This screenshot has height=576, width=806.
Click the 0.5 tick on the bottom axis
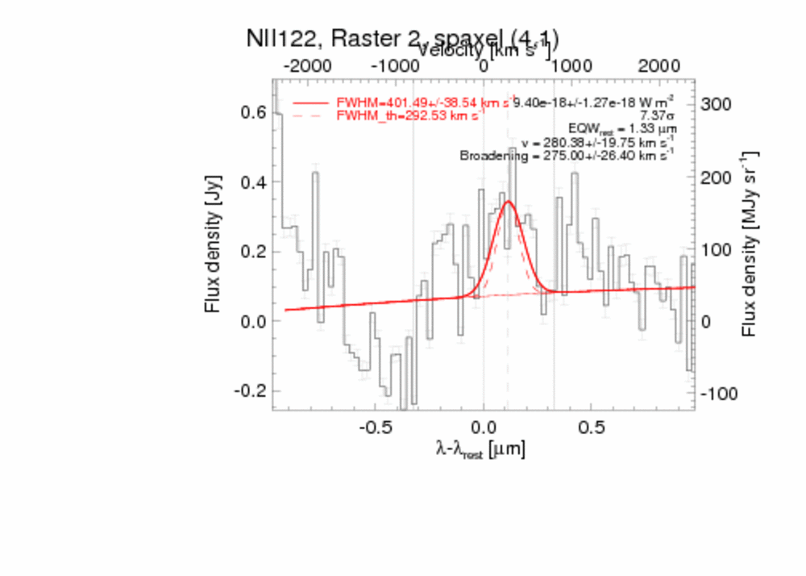pyautogui.click(x=592, y=426)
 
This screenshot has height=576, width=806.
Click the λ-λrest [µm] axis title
pyautogui.click(x=480, y=449)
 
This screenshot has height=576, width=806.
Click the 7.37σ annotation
pyautogui.click(x=656, y=115)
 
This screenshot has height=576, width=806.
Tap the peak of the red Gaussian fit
pyautogui.click(x=508, y=202)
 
